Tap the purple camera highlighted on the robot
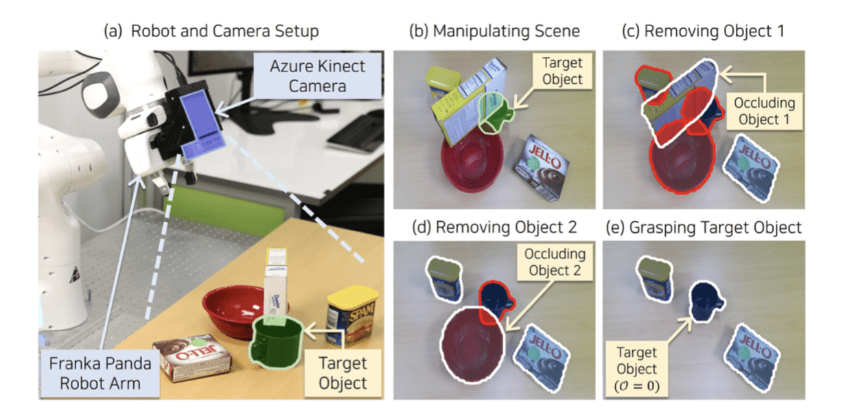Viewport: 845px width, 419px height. coord(202,123)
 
